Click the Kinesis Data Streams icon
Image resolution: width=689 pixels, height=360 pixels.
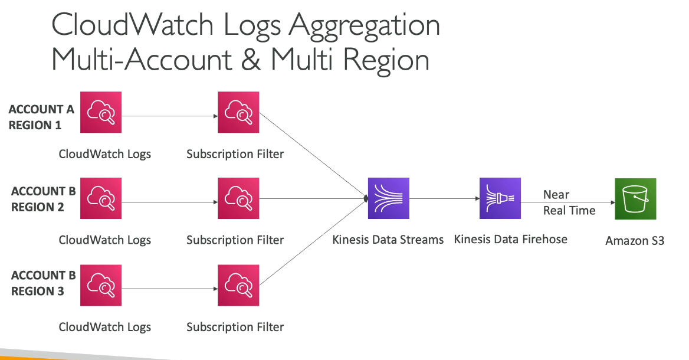coord(388,198)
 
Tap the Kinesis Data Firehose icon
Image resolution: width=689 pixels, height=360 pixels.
coord(500,198)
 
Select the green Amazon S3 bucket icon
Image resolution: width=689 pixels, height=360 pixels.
coord(635,199)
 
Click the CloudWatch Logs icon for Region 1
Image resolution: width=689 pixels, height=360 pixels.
coord(101,112)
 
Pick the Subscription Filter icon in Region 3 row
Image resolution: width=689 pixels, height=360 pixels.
coord(238,285)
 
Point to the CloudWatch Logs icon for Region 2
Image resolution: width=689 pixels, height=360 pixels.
coord(101,198)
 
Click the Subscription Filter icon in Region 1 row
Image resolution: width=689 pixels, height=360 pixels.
coord(238,112)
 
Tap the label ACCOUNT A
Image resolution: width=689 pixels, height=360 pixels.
coord(41,109)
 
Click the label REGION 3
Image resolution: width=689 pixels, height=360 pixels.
coord(37,291)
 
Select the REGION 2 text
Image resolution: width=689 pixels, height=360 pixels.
coord(37,207)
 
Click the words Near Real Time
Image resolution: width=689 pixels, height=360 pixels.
coord(569,202)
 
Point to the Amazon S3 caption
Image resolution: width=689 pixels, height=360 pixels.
coord(635,241)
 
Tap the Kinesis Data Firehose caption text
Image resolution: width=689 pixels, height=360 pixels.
coord(511,239)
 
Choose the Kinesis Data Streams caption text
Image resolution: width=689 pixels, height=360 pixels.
coord(388,240)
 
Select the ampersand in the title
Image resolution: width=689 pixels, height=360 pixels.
coord(251,60)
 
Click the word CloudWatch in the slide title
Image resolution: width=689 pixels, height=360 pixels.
coord(132,24)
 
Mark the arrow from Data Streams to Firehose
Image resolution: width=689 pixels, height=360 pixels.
coord(444,199)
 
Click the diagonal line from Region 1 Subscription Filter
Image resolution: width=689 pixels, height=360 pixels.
coord(313,156)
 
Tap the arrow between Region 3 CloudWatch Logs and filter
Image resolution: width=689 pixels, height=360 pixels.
coord(170,289)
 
